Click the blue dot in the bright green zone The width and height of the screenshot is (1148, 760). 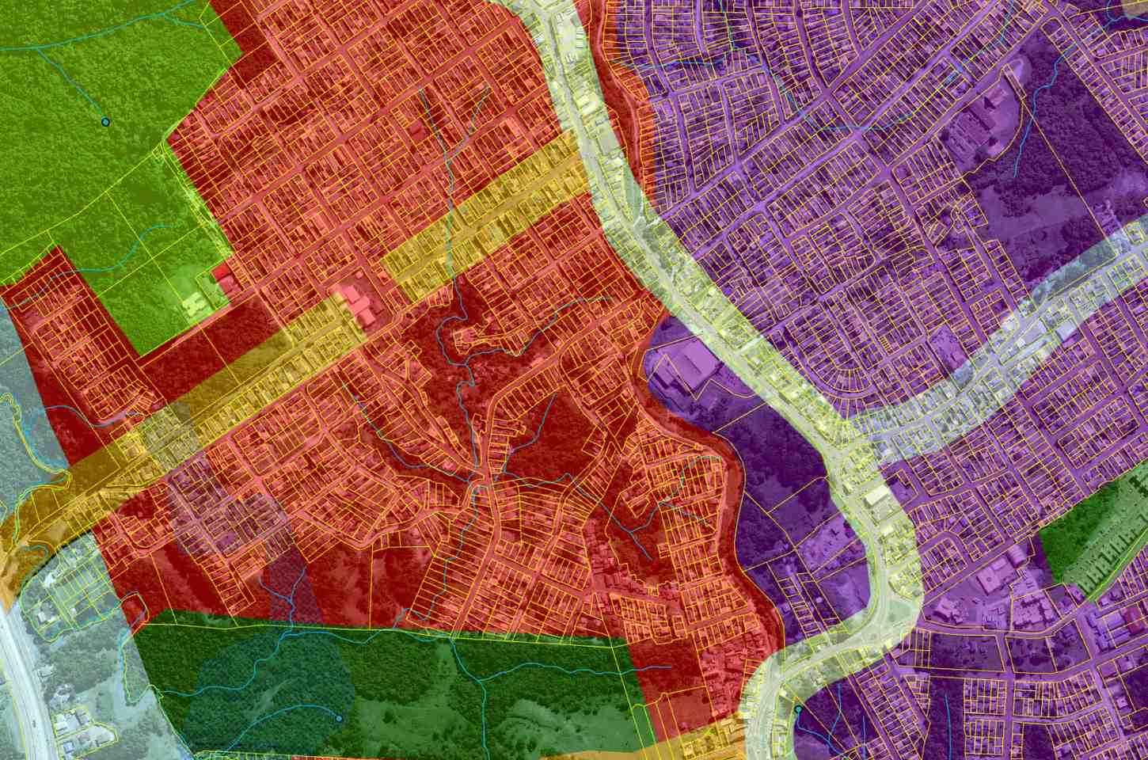point(105,122)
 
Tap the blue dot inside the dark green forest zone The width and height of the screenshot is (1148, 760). point(339,718)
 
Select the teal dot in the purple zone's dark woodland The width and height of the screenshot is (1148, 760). point(797,709)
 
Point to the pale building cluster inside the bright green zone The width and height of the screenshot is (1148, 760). point(192,304)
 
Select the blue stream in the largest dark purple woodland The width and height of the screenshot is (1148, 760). point(1021,150)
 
